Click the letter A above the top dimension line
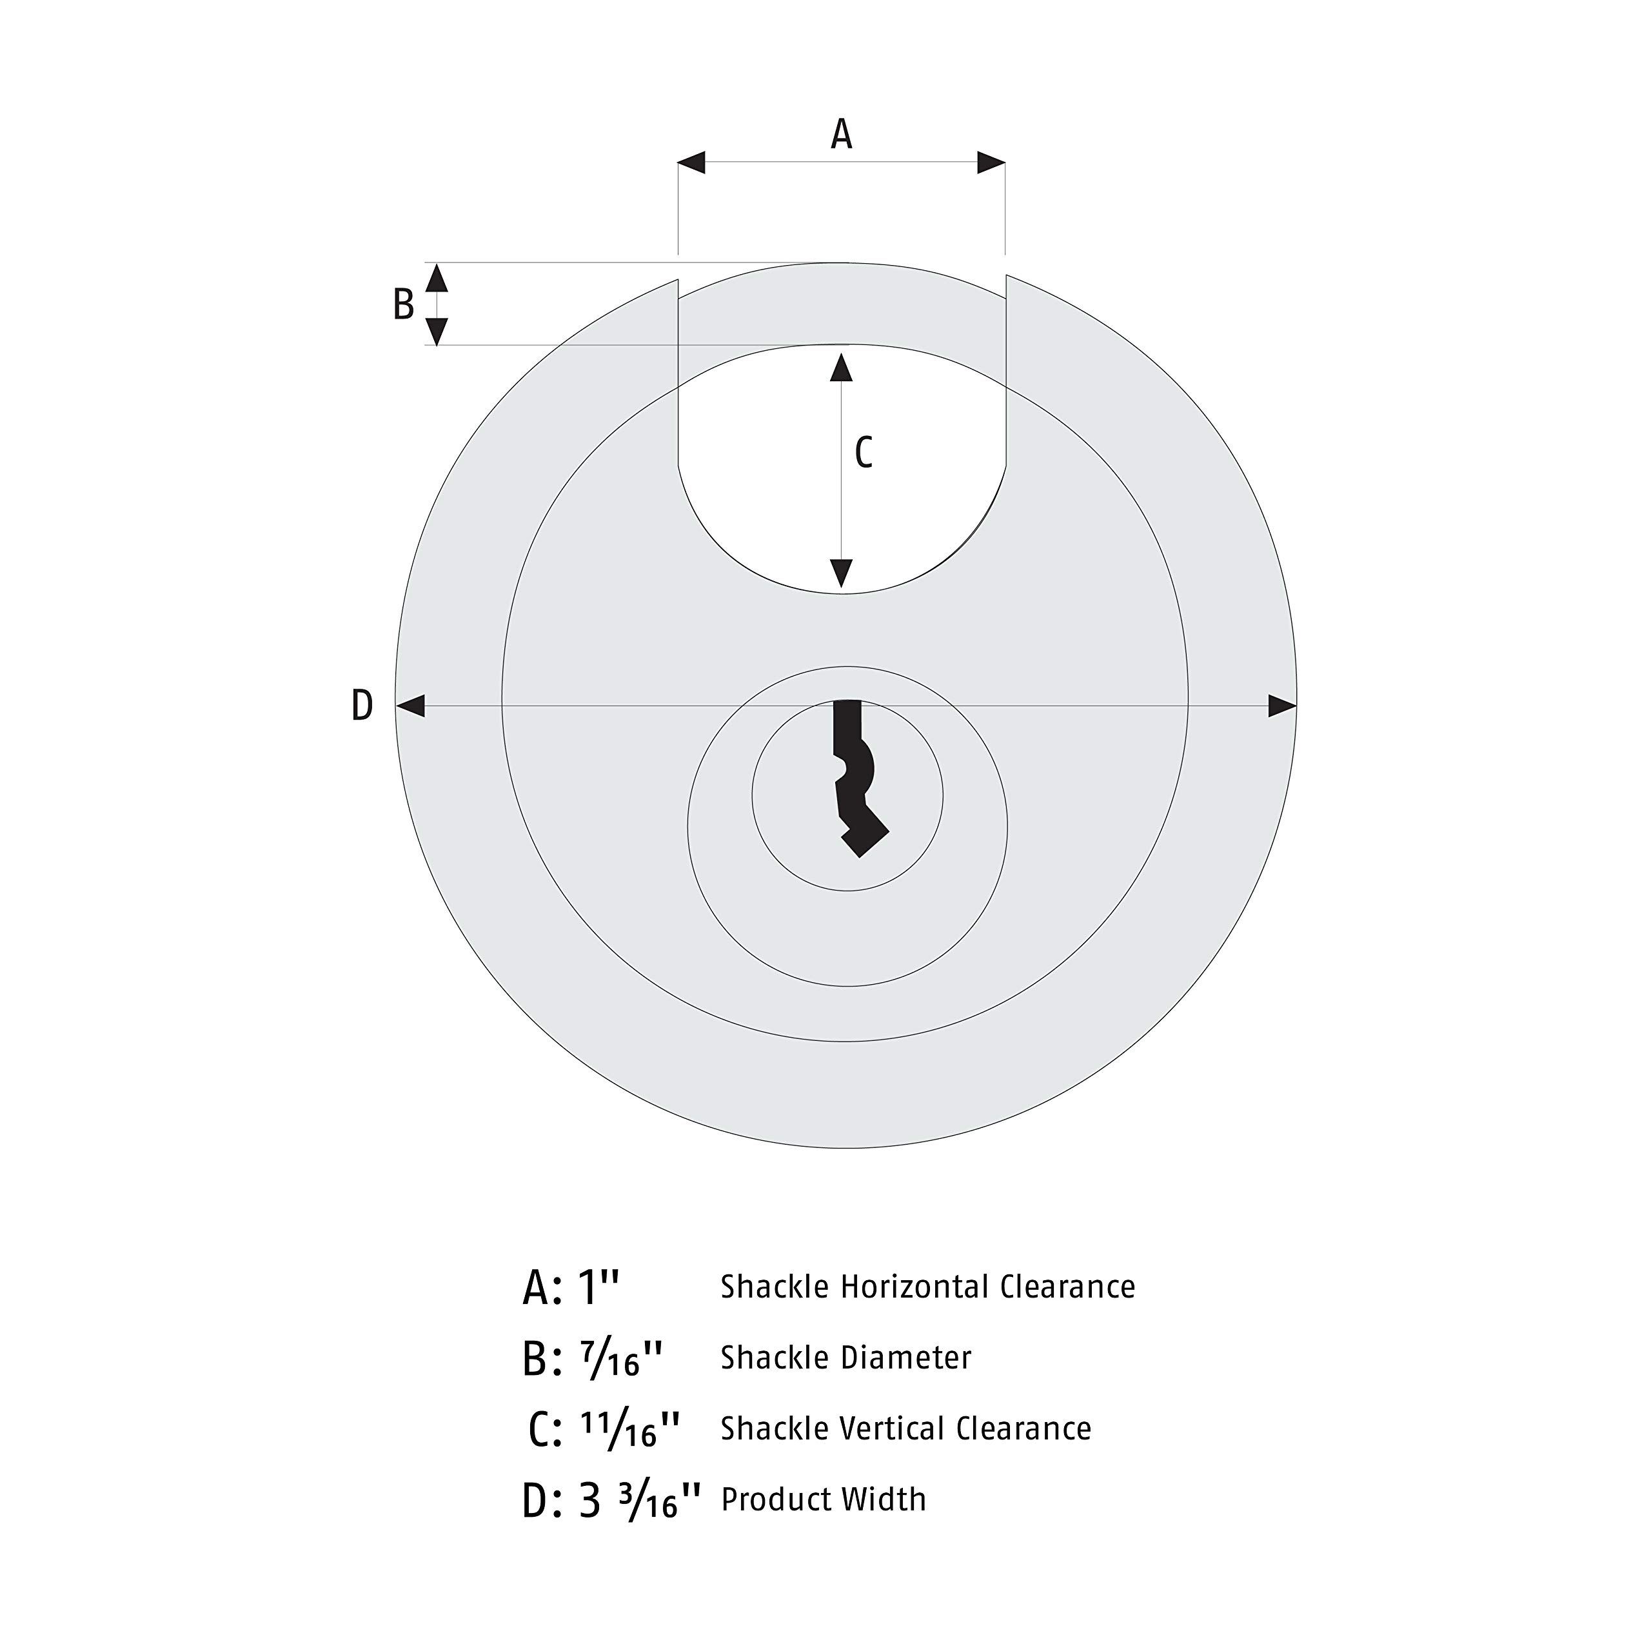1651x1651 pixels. [x=842, y=134]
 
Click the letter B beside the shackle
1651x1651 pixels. [x=403, y=304]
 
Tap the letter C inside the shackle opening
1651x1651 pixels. [x=864, y=453]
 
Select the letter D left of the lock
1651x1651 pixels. [x=362, y=706]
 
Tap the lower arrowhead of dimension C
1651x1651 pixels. [x=842, y=573]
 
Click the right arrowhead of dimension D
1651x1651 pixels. [x=1283, y=706]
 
